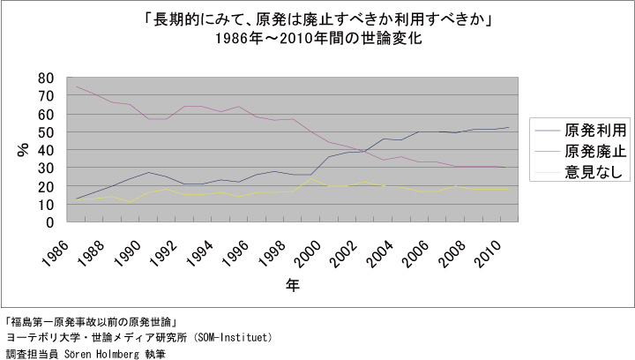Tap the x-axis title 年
point(292,284)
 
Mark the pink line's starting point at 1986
point(77,86)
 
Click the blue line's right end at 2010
point(509,128)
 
